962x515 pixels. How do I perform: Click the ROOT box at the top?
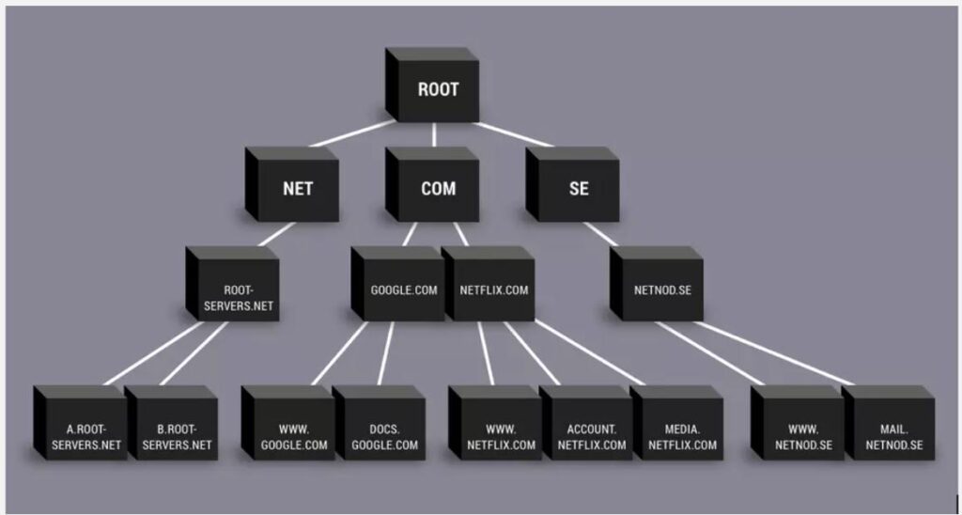438,90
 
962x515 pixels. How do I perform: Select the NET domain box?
297,188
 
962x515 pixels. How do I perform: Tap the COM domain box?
438,188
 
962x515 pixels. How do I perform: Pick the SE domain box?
579,188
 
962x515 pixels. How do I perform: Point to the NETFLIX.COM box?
494,289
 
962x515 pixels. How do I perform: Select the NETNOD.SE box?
662,289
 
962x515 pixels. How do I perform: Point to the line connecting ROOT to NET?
348,134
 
